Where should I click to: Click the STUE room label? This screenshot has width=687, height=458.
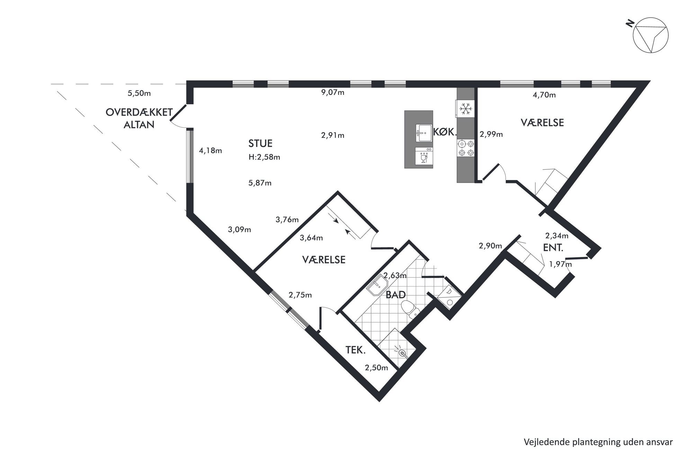pos(260,143)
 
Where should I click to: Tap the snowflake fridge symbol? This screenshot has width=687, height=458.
pos(466,109)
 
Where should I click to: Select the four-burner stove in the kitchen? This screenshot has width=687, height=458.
pos(466,148)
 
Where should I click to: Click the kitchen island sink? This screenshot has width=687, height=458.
pos(424,133)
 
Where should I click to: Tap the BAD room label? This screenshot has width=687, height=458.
pos(396,295)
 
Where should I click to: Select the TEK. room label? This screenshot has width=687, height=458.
pos(356,350)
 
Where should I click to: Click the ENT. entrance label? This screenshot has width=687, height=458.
pos(553,248)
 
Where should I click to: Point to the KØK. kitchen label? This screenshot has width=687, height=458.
pos(445,132)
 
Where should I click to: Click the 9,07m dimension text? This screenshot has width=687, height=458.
pos(333,92)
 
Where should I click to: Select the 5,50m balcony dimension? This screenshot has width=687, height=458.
pos(139,93)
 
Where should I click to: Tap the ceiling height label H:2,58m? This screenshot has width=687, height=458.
pos(264,157)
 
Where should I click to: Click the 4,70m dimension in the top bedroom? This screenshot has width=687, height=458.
pos(544,95)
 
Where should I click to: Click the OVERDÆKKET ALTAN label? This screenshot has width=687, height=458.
pos(139,118)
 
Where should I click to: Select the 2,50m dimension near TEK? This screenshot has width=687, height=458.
pos(376,368)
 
